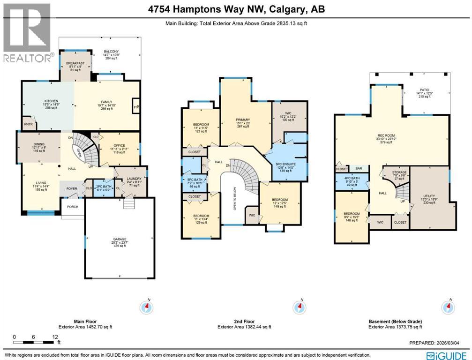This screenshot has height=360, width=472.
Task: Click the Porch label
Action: click(72, 207)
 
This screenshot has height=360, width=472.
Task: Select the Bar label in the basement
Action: click(359, 168)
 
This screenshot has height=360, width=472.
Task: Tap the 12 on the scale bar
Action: click(56, 337)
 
